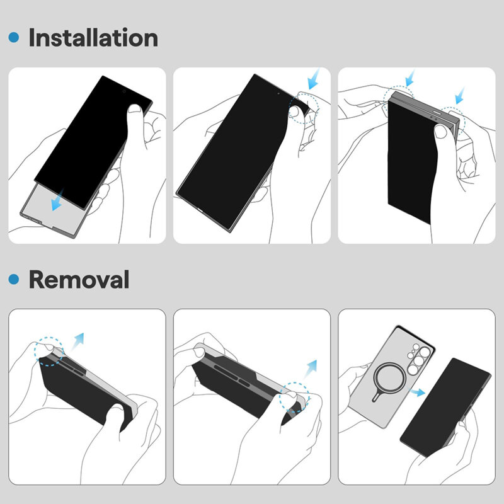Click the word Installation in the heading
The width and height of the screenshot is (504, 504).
pos(93,38)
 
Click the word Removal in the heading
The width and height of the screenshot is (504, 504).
pos(79,279)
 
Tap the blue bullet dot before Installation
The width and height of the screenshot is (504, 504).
pos(14,38)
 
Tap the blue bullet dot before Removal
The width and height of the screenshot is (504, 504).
pos(14,279)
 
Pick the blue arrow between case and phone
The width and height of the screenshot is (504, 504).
pos(416,392)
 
